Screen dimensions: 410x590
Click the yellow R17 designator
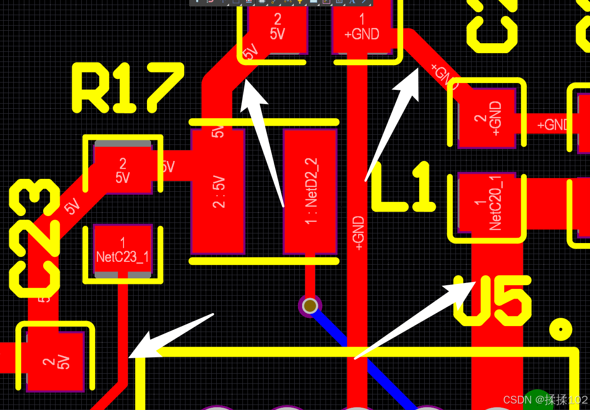tap(128, 88)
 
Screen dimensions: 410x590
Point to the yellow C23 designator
tap(34, 238)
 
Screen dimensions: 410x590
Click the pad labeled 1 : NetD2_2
tap(310, 191)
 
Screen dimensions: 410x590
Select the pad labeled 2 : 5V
tap(218, 191)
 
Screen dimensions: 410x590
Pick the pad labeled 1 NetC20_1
tap(487, 202)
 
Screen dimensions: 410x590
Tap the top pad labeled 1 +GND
tap(362, 27)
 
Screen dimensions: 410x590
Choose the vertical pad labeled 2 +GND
tap(487, 118)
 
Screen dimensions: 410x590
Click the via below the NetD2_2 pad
tap(310, 305)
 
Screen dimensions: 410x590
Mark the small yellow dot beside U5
tap(561, 329)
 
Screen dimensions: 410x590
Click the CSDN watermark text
tap(545, 399)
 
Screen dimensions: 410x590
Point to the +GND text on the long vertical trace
tap(359, 233)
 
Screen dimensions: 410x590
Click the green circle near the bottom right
tap(536, 400)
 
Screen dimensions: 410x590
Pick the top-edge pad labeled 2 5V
tap(277, 27)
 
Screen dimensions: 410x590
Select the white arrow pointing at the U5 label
tap(413, 321)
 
